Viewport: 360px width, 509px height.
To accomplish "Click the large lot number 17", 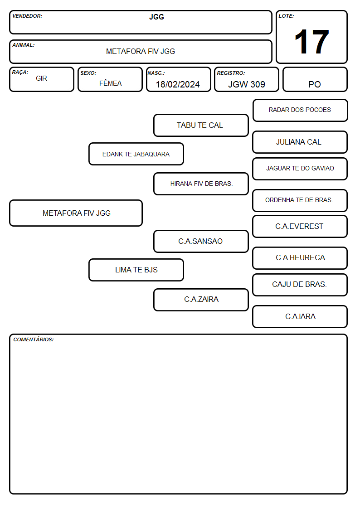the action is click(311, 42).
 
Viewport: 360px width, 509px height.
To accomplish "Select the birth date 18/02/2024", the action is click(178, 84).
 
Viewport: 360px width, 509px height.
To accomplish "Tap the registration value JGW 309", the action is click(246, 84).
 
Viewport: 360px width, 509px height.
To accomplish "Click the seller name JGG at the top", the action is click(156, 17).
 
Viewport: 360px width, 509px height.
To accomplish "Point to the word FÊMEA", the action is click(110, 83).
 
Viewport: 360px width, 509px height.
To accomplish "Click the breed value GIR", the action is click(42, 78).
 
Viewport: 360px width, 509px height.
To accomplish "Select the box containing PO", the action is click(315, 79).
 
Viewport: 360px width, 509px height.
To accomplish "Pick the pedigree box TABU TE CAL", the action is click(201, 125).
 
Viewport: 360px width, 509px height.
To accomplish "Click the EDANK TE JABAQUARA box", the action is click(136, 154).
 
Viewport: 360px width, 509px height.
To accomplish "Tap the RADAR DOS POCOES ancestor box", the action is click(300, 111).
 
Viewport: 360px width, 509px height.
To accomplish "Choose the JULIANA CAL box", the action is click(300, 142).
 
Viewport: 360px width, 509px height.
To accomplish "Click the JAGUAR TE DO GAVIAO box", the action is click(300, 169).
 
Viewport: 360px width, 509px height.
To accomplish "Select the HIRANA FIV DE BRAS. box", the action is click(201, 184).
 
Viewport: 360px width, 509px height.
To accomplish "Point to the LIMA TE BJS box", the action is click(136, 270).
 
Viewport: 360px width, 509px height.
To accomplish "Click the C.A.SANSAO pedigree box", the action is click(201, 241).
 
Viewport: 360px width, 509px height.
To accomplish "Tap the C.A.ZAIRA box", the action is click(201, 300).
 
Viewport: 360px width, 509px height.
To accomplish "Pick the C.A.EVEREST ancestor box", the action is click(300, 226).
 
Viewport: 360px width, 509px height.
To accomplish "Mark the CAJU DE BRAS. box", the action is click(300, 285).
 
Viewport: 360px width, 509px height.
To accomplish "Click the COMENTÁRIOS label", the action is click(34, 339).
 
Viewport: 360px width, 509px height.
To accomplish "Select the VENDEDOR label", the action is click(27, 16).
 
